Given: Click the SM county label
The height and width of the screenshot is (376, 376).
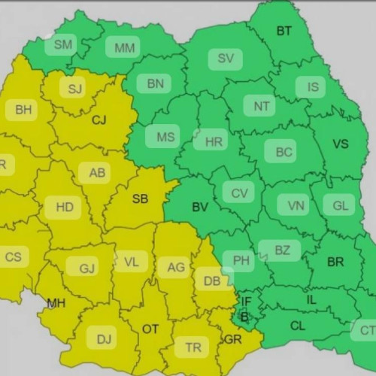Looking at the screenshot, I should (64, 45).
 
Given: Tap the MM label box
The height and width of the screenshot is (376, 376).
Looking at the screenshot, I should (125, 48).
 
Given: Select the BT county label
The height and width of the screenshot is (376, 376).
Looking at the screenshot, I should (284, 31).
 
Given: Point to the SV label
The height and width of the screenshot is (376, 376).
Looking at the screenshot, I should (225, 59).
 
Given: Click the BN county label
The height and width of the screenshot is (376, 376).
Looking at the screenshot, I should (155, 84).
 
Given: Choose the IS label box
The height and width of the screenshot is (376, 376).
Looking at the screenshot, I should (313, 87).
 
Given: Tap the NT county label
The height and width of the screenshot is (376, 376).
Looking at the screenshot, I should (261, 107).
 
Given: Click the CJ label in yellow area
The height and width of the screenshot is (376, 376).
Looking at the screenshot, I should (99, 120).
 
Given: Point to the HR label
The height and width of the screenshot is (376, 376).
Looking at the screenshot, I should (214, 141).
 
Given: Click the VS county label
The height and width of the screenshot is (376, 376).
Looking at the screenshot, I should (341, 144).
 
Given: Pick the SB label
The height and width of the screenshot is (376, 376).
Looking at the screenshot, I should (140, 199).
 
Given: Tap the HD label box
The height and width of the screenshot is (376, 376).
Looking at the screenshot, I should (64, 205).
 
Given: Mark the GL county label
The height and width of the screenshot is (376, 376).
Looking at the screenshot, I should (339, 205).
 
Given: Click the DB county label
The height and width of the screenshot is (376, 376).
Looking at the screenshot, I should (211, 280).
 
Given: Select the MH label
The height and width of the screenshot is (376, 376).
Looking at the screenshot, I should (56, 304).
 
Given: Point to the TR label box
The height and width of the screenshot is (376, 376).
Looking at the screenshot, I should (193, 347).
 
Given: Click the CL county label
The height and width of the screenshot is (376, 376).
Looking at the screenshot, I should (297, 326).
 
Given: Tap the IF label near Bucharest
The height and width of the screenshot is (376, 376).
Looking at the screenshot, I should (245, 302).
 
